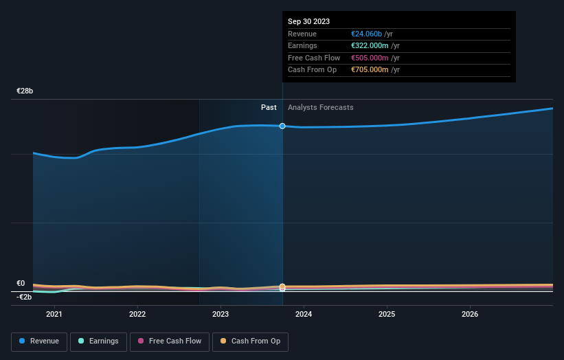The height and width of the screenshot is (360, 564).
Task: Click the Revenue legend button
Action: click(39, 341)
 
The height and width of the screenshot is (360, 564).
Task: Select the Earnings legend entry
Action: click(98, 341)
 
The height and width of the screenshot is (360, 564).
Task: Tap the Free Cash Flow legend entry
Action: click(169, 341)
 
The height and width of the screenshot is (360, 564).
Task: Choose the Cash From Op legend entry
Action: click(250, 341)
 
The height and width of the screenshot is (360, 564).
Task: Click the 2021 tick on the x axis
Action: click(54, 315)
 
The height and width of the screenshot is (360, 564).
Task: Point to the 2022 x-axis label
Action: click(137, 315)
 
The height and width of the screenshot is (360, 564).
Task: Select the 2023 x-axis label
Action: click(221, 315)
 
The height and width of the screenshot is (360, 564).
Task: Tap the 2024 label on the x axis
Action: click(304, 315)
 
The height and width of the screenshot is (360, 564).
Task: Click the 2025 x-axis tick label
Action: click(387, 315)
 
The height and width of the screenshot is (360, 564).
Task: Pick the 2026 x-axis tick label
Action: click(470, 315)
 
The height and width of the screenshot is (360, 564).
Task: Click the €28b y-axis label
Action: click(25, 91)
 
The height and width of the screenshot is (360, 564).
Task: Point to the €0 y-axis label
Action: click(21, 283)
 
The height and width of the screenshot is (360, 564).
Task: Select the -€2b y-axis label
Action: click(25, 297)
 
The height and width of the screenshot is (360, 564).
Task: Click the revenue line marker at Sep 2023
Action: click(282, 126)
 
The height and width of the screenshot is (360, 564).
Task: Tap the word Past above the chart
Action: click(269, 107)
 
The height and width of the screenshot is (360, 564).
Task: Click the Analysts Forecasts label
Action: click(321, 107)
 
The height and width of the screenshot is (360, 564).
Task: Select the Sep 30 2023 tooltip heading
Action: click(308, 21)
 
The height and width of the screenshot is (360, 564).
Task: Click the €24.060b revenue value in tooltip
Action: click(370, 33)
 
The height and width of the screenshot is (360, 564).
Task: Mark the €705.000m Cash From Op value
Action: click(370, 70)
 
